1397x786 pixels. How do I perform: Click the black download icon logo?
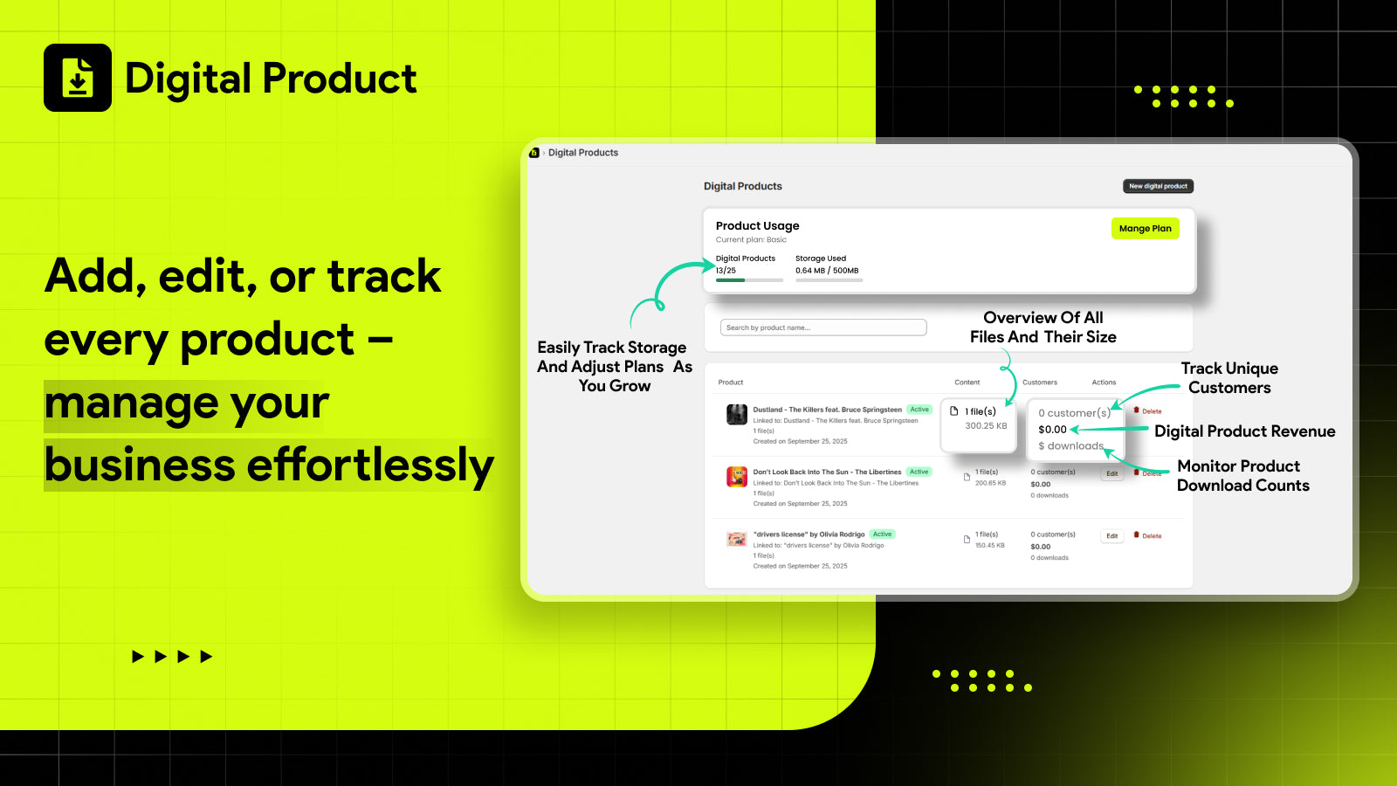(x=78, y=78)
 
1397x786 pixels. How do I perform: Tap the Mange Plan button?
(x=1145, y=229)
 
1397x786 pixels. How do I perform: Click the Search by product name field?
(x=822, y=327)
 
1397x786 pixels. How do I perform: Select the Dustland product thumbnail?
(x=737, y=414)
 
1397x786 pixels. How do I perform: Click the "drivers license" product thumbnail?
(x=737, y=539)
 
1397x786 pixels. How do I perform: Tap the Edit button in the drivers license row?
(x=1111, y=536)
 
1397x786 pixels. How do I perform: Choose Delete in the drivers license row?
(x=1148, y=536)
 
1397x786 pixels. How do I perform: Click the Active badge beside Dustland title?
(x=919, y=410)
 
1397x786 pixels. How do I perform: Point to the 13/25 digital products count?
(x=726, y=271)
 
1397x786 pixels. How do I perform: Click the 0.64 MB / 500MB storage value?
(x=826, y=271)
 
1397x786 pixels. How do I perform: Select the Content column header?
(x=967, y=383)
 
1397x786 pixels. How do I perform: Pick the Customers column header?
(x=1039, y=383)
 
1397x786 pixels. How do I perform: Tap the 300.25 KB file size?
(x=986, y=426)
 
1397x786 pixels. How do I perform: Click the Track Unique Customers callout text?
(x=1229, y=378)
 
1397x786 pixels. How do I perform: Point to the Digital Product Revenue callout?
(x=1244, y=431)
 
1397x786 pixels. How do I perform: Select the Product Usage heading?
(x=757, y=226)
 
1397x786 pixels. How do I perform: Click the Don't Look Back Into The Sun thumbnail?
(x=737, y=477)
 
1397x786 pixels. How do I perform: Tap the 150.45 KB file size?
(x=989, y=546)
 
